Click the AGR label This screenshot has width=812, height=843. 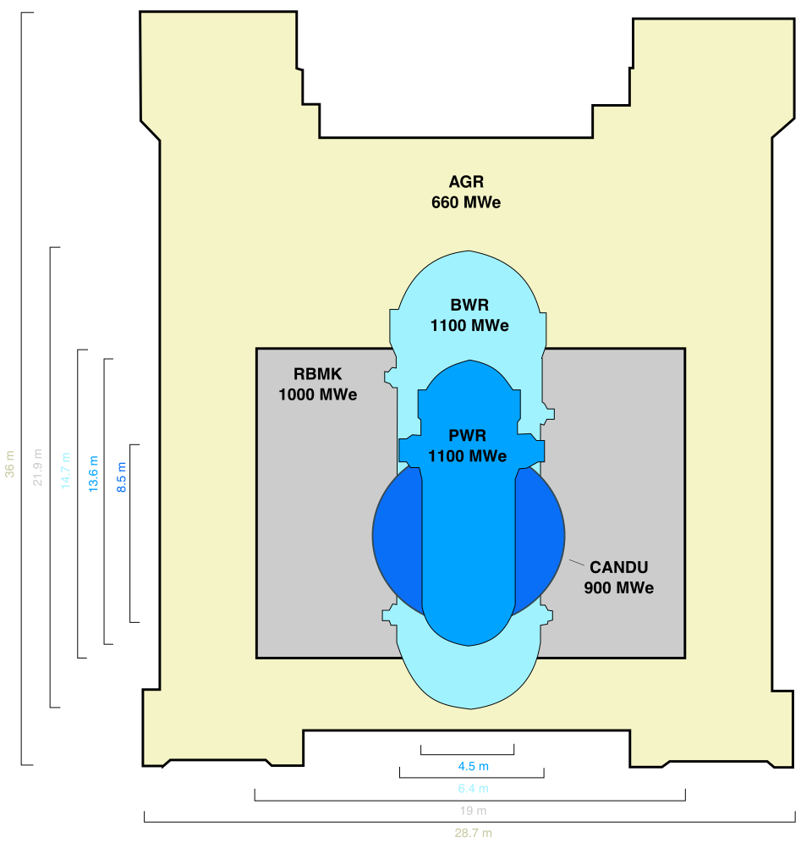[466, 182]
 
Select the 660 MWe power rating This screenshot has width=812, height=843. [466, 203]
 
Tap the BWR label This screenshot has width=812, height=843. [469, 306]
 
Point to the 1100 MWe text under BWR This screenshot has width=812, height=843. [469, 326]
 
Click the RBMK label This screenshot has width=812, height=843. [317, 374]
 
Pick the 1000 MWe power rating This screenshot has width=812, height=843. [317, 394]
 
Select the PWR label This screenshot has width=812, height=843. [468, 437]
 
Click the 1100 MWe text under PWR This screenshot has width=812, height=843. [468, 457]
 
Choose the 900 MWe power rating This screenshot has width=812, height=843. [618, 588]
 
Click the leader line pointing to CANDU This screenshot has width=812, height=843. [578, 562]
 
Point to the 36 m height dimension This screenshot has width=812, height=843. [10, 464]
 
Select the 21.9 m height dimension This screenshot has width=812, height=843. [38, 467]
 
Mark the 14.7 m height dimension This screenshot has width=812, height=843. [66, 470]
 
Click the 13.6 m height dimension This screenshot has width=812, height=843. [94, 474]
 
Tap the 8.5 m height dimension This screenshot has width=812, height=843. [122, 477]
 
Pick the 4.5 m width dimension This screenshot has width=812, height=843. [474, 767]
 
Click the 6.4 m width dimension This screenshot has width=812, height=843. [474, 789]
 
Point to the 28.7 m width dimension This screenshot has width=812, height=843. [474, 833]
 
